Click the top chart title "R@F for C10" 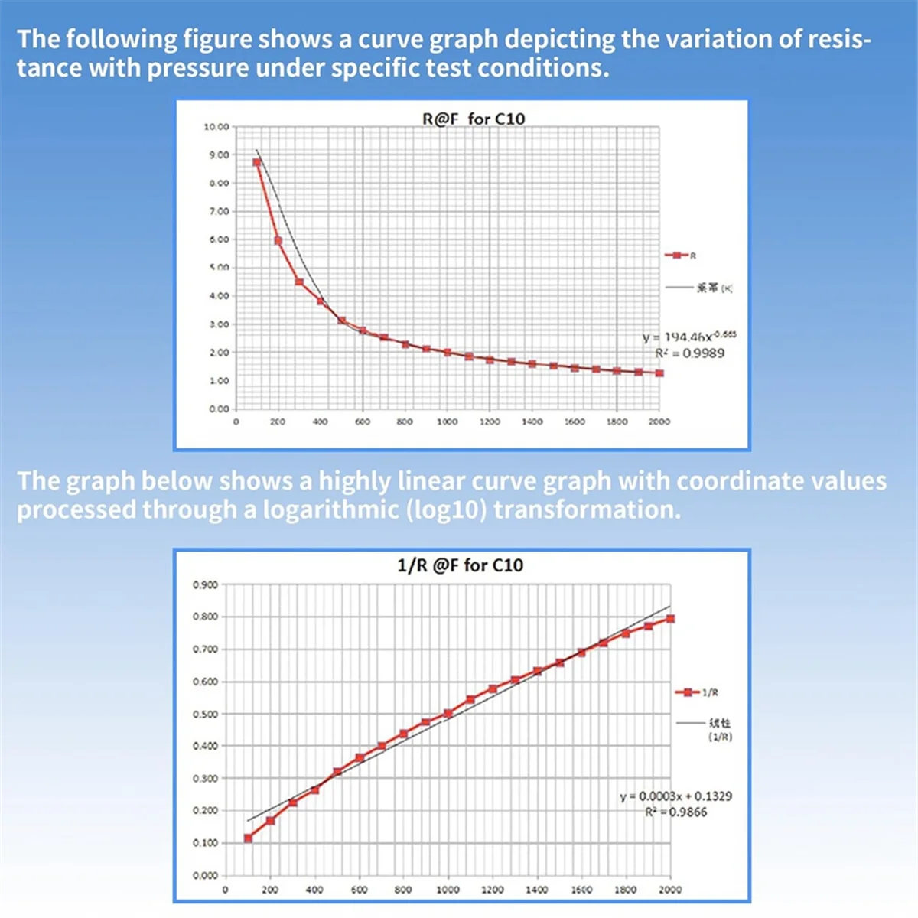(474, 119)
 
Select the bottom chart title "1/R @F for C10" (461, 565)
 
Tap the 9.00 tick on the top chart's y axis (219, 155)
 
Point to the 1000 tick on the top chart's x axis (448, 422)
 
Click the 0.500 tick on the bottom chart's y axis (204, 714)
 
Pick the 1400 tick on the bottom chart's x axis (536, 890)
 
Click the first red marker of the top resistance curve (257, 162)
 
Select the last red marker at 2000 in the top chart (659, 373)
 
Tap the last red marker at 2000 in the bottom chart (671, 619)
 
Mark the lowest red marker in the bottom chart (248, 838)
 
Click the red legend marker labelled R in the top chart (677, 256)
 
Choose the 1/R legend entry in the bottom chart (696, 692)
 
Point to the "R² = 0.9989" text (689, 353)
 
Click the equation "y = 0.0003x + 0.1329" (675, 796)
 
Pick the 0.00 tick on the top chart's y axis (219, 409)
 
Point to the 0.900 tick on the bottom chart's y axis (204, 585)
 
